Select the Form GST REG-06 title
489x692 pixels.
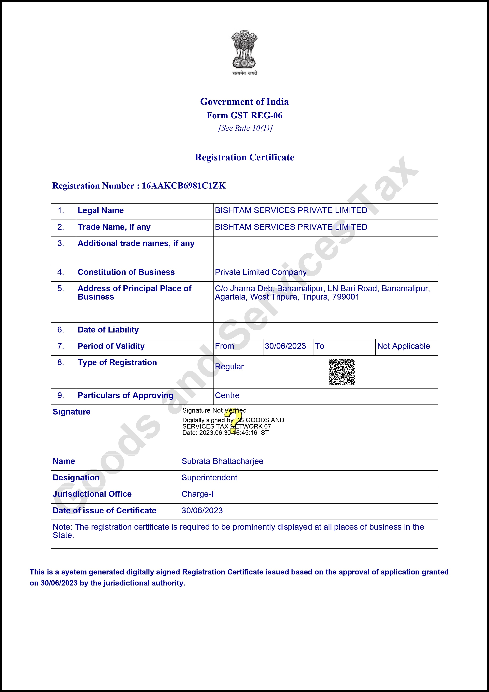point(244,115)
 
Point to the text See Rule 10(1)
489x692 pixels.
point(245,128)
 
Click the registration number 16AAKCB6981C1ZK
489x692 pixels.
point(184,186)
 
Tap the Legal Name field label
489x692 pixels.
point(101,210)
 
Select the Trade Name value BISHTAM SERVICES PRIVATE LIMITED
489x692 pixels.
point(291,227)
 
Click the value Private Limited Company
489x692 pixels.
point(261,272)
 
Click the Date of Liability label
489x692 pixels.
point(108,330)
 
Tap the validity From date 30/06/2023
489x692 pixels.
point(285,346)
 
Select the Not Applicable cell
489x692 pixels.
point(403,346)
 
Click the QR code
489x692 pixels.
point(342,372)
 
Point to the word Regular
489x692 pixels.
point(229,367)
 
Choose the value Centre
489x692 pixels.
point(227,395)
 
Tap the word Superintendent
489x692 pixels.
point(209,478)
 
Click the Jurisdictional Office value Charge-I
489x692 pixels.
point(197,494)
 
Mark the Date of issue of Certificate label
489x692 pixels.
point(105,511)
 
